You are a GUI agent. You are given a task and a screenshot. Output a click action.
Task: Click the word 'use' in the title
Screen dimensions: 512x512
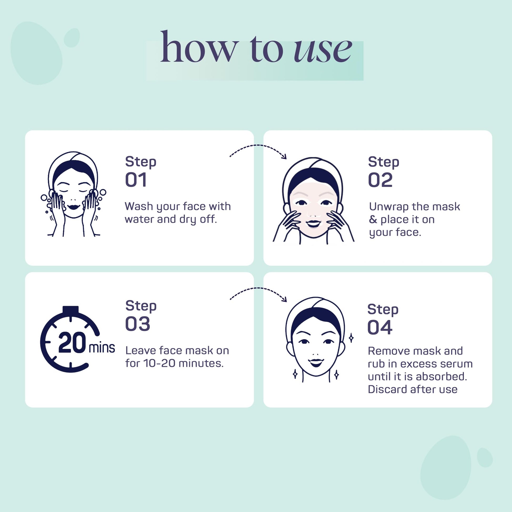(x=323, y=50)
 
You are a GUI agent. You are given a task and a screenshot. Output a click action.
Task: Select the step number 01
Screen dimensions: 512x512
(x=136, y=180)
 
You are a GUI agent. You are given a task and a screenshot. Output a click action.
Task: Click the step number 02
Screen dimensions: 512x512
(x=380, y=180)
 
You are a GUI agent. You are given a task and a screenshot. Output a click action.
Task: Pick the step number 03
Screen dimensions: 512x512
(x=138, y=324)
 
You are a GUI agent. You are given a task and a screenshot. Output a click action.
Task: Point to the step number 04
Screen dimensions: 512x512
(x=380, y=327)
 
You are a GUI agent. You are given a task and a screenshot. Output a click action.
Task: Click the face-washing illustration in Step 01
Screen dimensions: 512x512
(x=73, y=194)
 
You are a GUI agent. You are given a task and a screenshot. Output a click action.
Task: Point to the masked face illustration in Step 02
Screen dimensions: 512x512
(x=314, y=201)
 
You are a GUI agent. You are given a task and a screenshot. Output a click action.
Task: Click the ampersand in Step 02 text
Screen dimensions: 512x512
(x=373, y=219)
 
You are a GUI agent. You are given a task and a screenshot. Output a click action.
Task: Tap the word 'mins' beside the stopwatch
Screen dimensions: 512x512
(x=102, y=348)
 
